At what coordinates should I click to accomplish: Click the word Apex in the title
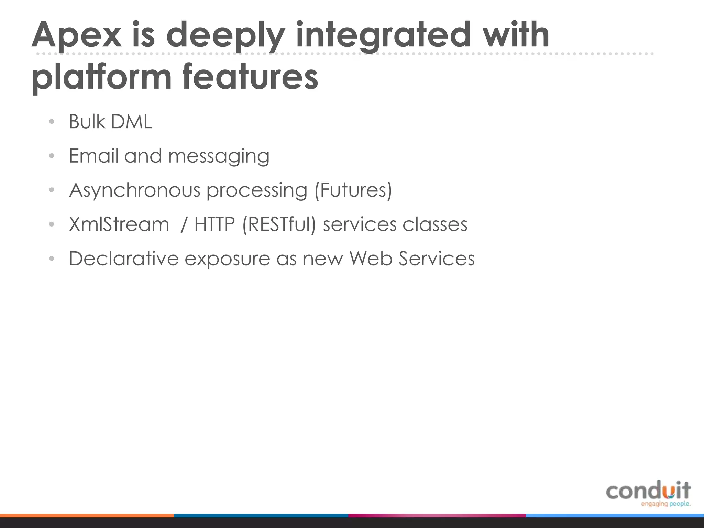coord(76,35)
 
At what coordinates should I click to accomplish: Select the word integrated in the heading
coord(383,35)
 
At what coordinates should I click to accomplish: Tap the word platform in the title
coord(101,76)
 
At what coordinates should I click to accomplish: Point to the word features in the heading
coord(250,76)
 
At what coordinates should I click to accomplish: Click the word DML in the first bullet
coord(131,122)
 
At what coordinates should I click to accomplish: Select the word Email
coord(93,156)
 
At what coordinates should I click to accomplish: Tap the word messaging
coord(219,156)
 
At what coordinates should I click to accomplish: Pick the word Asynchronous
coord(134,190)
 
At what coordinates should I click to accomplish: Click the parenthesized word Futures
coord(353,190)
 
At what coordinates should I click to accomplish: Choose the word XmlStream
coord(119,224)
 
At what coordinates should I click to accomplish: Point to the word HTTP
coord(214,224)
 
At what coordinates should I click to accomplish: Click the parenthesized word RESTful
coord(279,224)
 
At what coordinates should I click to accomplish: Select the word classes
coord(435,224)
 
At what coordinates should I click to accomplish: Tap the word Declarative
coord(124,258)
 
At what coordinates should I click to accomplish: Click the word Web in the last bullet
coord(371,258)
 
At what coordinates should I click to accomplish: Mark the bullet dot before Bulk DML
coord(52,122)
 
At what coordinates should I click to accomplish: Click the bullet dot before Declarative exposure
coord(52,258)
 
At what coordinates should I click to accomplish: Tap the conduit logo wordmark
coord(648,490)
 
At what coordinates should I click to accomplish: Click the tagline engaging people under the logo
coord(665,504)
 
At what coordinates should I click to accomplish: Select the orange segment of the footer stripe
coord(87,515)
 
